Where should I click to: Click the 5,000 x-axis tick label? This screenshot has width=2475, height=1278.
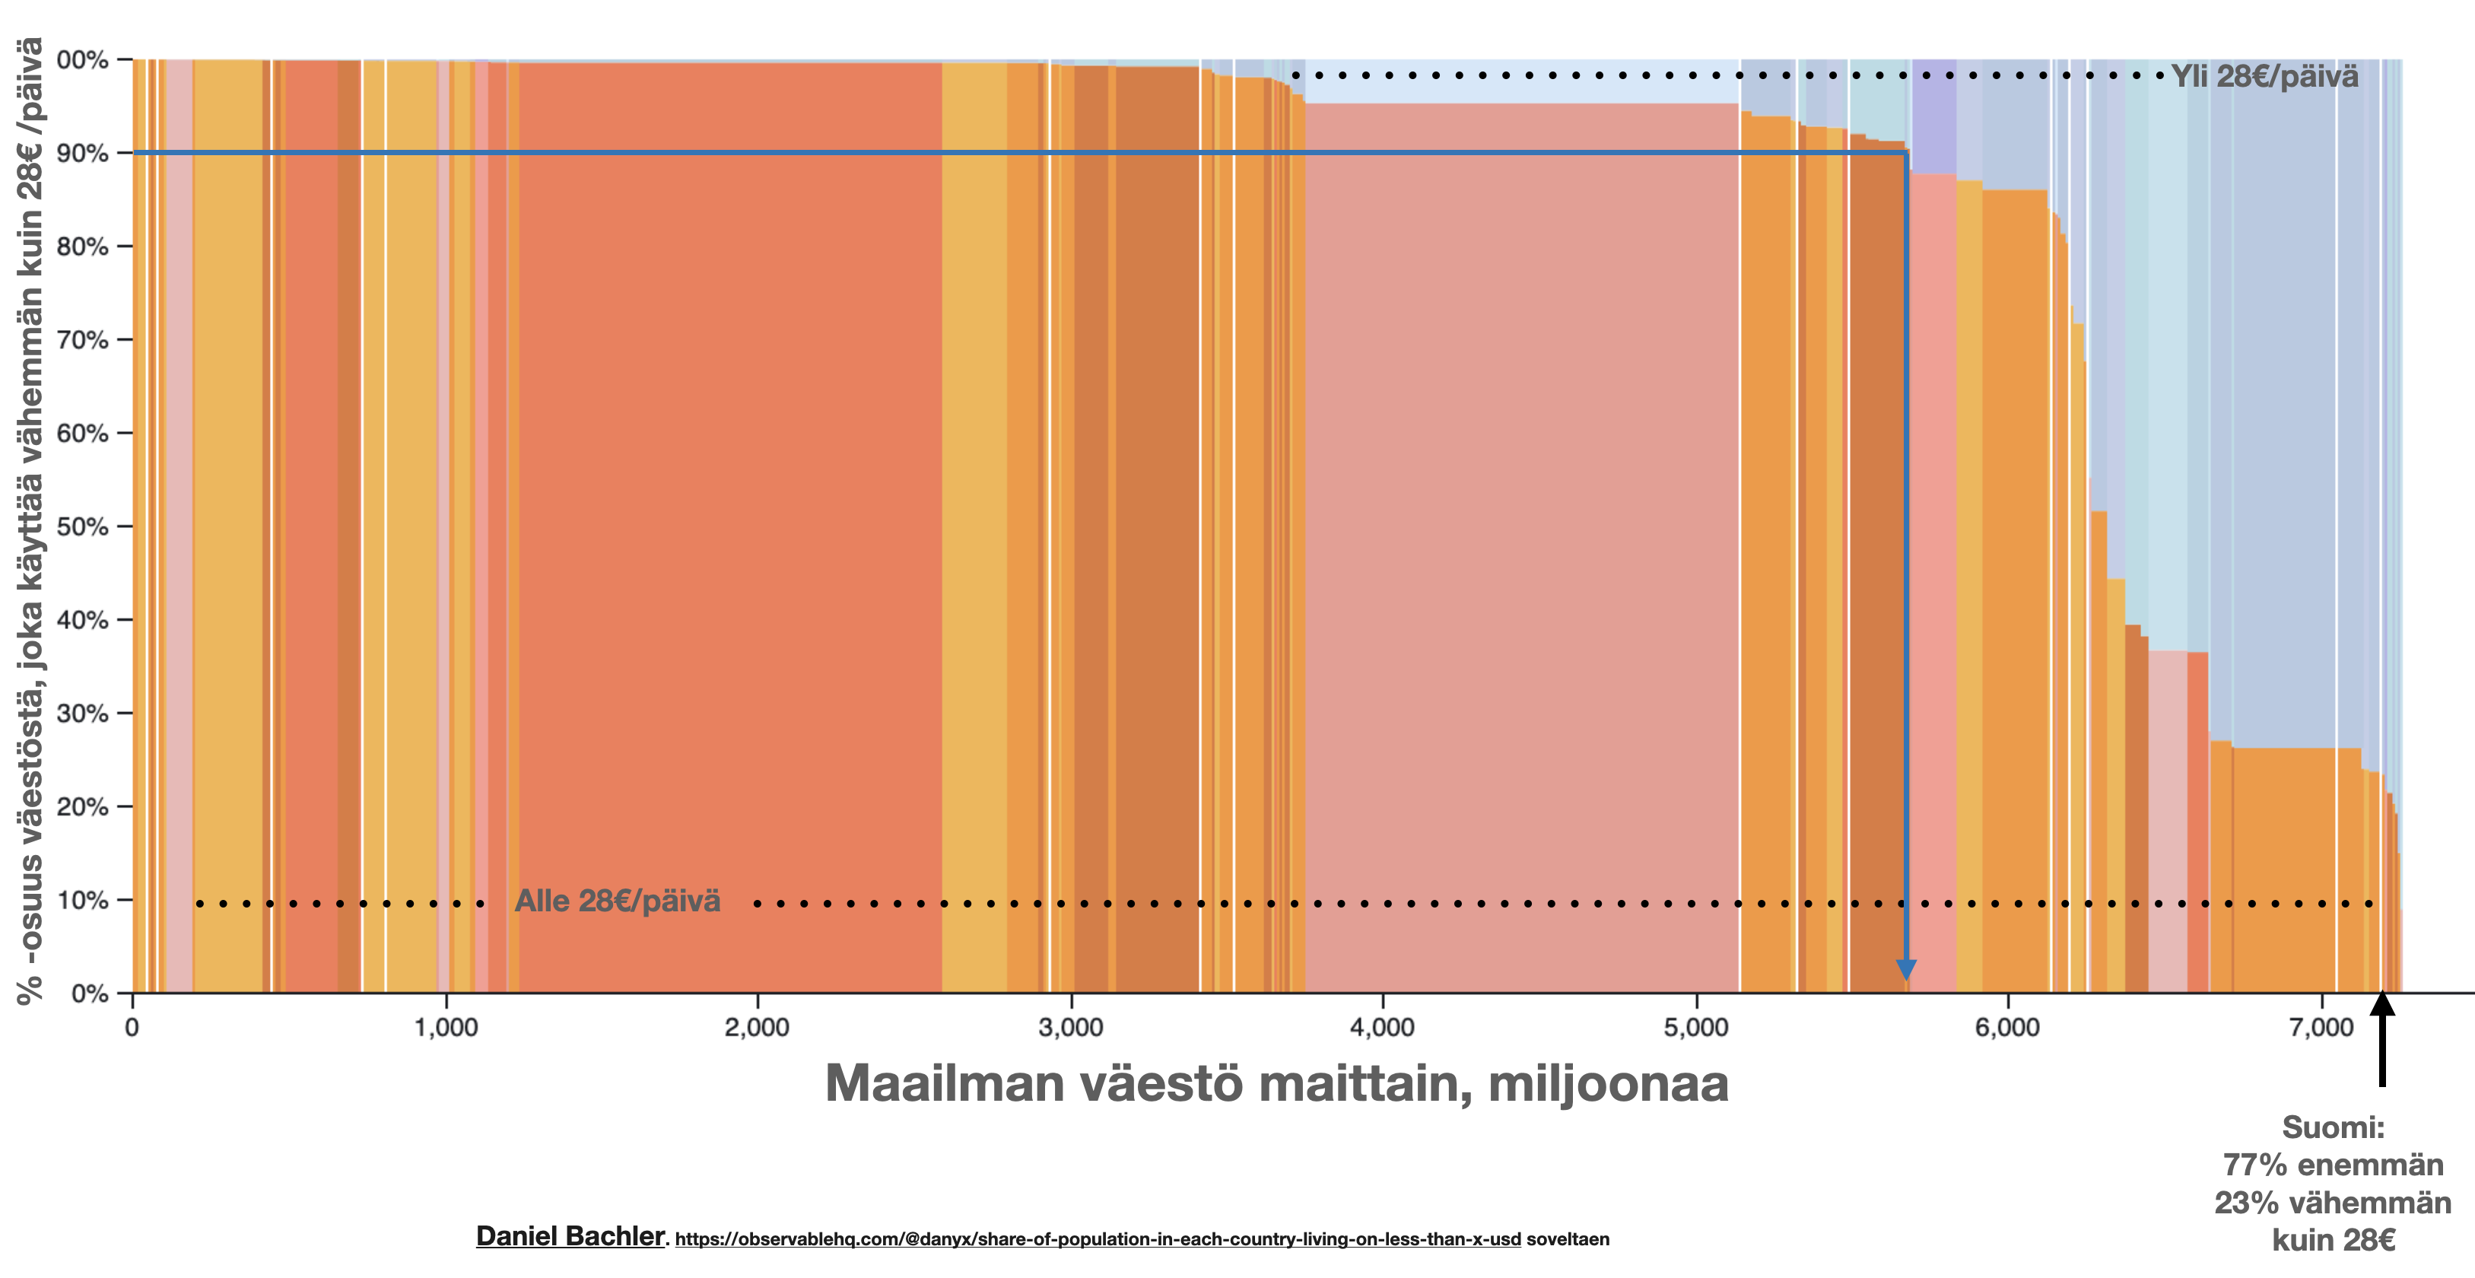[x=1696, y=1027]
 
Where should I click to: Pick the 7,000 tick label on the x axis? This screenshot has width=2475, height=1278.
[x=2321, y=1027]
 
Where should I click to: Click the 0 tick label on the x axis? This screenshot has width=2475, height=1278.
[x=132, y=1027]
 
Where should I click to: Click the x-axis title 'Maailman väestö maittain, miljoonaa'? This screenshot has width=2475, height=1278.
[x=1277, y=1083]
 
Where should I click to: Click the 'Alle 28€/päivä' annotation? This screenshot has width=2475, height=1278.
[x=618, y=901]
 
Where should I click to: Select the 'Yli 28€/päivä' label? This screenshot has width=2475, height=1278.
[x=2264, y=76]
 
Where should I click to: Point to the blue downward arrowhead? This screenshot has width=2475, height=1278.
[x=1906, y=970]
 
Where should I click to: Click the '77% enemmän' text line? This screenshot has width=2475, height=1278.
[x=2334, y=1165]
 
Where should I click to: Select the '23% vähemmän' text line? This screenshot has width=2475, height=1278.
[x=2334, y=1202]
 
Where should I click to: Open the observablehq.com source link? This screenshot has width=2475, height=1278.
[x=1098, y=1239]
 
